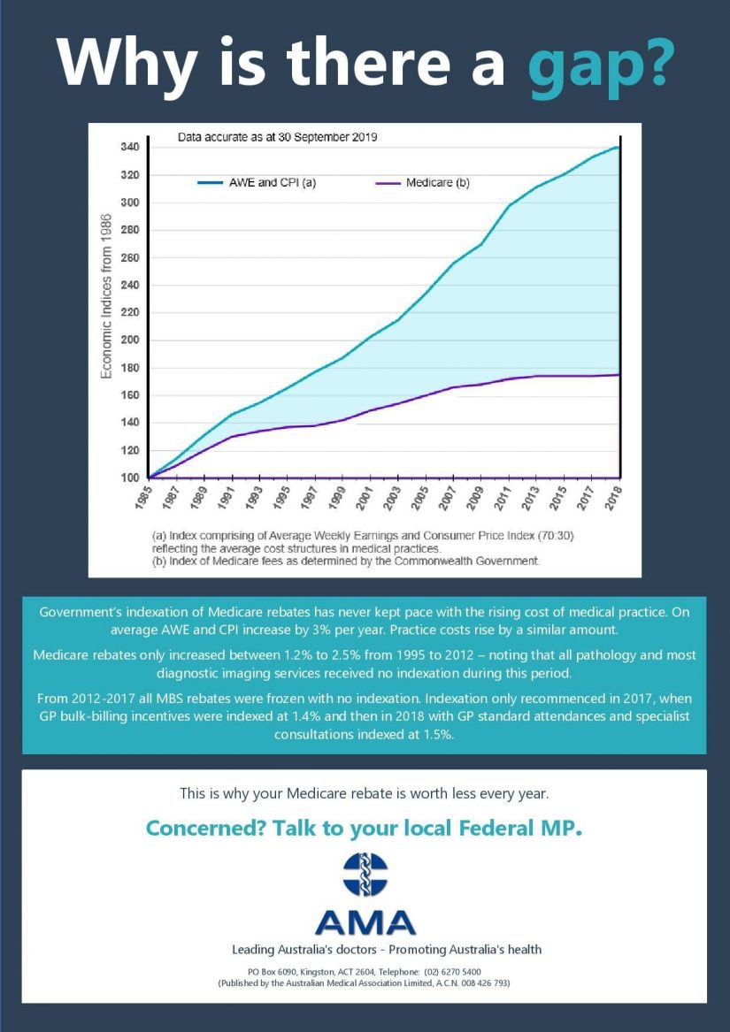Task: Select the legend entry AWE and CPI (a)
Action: point(257,183)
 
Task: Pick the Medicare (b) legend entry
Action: point(422,183)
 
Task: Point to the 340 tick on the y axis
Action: point(130,147)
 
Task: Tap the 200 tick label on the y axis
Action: point(130,340)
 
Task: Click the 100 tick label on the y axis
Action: point(130,478)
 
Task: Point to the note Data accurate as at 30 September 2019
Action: point(277,137)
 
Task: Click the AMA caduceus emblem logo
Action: point(365,874)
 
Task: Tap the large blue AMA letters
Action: point(365,922)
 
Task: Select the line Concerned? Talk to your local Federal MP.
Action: point(365,828)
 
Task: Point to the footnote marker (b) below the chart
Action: point(159,561)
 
